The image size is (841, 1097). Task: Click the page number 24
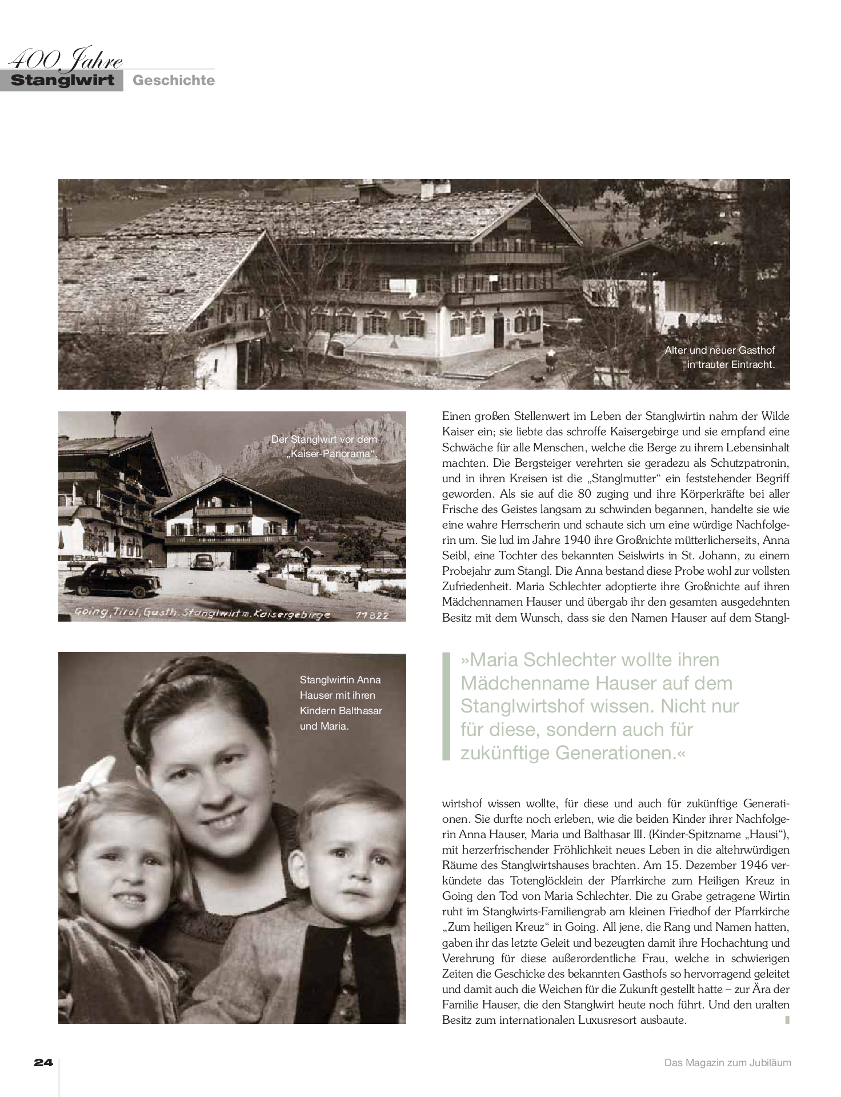(x=43, y=1063)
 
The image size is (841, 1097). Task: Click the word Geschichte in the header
(x=174, y=81)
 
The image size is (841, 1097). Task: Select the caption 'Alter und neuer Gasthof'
(x=719, y=350)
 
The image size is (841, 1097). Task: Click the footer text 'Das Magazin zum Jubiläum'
(x=727, y=1063)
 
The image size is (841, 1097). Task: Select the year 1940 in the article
(x=576, y=540)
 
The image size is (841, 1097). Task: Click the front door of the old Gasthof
(x=499, y=333)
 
